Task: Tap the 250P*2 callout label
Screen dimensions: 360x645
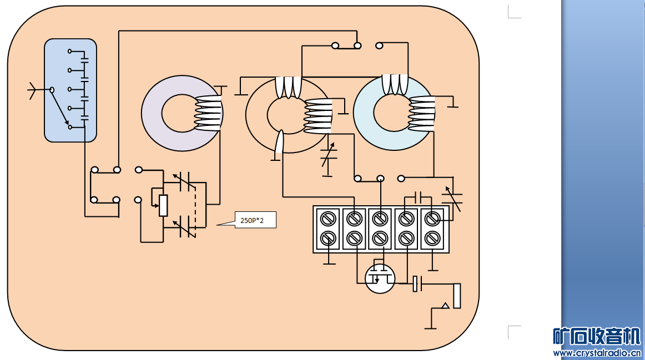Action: coord(254,220)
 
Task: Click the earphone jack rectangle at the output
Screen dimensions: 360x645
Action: coord(457,296)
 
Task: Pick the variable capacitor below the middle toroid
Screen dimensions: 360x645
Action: coord(329,157)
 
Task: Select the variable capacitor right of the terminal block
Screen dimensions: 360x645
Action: coord(452,197)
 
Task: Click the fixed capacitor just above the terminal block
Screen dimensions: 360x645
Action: coord(420,197)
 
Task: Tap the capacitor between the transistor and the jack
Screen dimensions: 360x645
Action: coord(417,284)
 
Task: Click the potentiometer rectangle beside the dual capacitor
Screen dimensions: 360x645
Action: coord(163,205)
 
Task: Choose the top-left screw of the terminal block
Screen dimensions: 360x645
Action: coord(328,219)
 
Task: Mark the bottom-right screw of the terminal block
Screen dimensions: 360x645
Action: coord(432,239)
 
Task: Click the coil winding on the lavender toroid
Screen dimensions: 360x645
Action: coord(209,113)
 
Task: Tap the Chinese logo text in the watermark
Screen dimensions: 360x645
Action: coord(597,336)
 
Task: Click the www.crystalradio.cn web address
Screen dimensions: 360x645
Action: coord(597,353)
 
